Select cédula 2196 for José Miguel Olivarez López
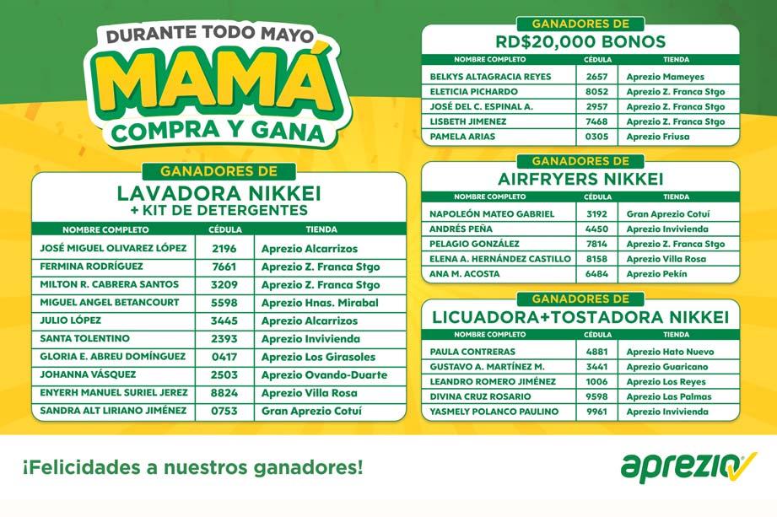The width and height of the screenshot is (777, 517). pyautogui.click(x=224, y=249)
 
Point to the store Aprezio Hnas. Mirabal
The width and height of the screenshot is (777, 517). pyautogui.click(x=319, y=303)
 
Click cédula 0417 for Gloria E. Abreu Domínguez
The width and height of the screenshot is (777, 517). pyautogui.click(x=224, y=356)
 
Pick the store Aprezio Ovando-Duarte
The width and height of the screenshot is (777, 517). pyautogui.click(x=324, y=374)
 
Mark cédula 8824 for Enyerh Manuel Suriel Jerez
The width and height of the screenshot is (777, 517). pyautogui.click(x=224, y=392)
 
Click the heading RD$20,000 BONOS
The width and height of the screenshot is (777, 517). pyautogui.click(x=580, y=41)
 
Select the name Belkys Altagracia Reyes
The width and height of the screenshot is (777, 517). pyautogui.click(x=490, y=77)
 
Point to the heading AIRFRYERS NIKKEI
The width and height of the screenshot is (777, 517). pyautogui.click(x=580, y=179)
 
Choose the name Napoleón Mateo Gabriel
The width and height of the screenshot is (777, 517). pyautogui.click(x=491, y=214)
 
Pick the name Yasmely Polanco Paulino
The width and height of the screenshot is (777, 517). pyautogui.click(x=494, y=412)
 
